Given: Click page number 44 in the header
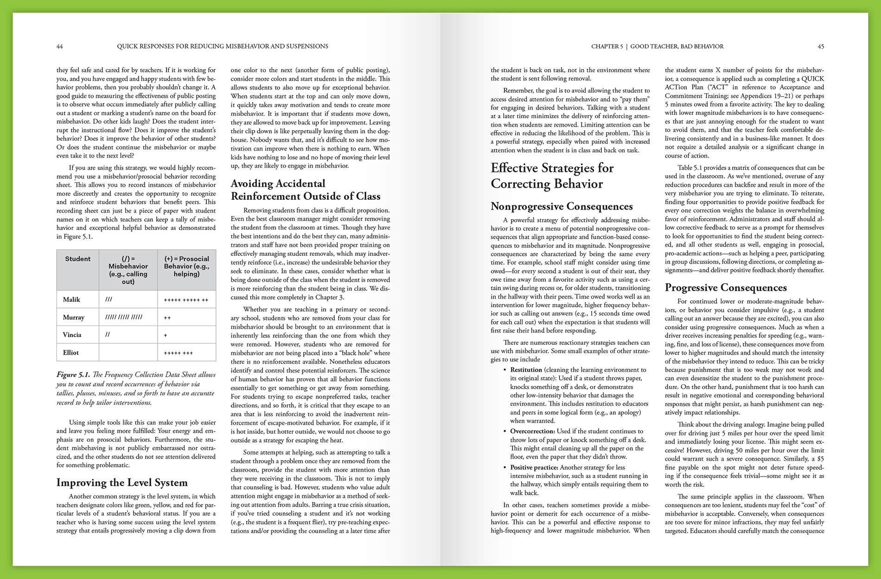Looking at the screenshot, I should (59, 46).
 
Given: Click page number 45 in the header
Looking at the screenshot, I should (821, 46).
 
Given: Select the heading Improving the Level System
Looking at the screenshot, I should (122, 483).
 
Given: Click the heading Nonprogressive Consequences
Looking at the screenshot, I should (562, 206).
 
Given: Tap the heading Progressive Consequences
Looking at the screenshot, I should (726, 287).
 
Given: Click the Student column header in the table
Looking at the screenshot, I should (77, 259).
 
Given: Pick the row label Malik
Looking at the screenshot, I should (71, 299).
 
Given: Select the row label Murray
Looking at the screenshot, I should (73, 317).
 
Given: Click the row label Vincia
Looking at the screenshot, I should (72, 335).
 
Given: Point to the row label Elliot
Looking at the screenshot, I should (71, 352).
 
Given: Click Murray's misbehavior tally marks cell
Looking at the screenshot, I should (124, 317).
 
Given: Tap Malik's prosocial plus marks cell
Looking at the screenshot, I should (186, 300).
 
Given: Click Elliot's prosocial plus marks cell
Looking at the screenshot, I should (179, 353).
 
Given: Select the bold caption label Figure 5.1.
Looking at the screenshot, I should (73, 375).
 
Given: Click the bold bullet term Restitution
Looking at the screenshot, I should (526, 370).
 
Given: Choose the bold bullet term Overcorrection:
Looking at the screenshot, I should (532, 431).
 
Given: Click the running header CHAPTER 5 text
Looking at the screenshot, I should (607, 46).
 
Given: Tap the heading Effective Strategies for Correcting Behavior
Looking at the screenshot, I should (552, 176).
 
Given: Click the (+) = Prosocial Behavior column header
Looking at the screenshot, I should (186, 266).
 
